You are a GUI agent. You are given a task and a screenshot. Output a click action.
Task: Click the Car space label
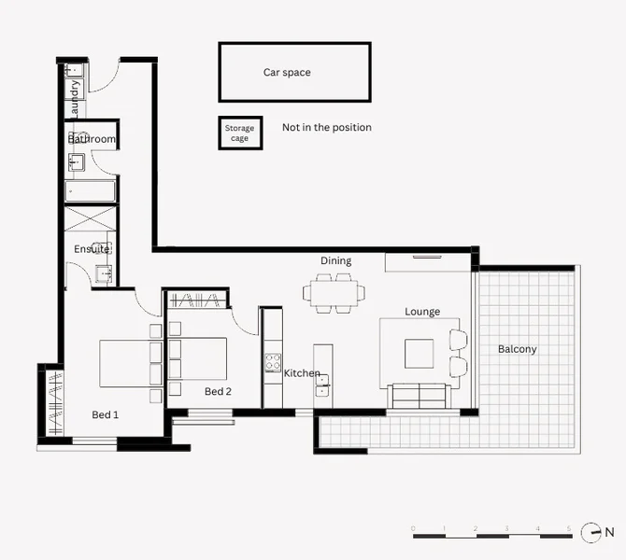pyautogui.click(x=287, y=72)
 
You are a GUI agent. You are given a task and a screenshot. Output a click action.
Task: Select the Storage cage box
pyautogui.click(x=239, y=133)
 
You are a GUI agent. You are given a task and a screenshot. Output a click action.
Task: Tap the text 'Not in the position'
pyautogui.click(x=326, y=127)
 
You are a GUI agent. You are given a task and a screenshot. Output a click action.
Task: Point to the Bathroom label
pyautogui.click(x=92, y=139)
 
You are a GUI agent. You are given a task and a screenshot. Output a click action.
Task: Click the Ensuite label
pyautogui.click(x=92, y=249)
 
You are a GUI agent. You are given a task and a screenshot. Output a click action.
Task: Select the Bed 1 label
pyautogui.click(x=105, y=414)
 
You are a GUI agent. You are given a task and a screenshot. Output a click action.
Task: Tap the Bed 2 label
pyautogui.click(x=218, y=391)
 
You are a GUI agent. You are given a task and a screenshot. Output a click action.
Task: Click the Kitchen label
pyautogui.click(x=302, y=373)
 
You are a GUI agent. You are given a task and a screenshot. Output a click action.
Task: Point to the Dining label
pyautogui.click(x=335, y=261)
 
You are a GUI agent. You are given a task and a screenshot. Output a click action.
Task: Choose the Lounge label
pyautogui.click(x=422, y=312)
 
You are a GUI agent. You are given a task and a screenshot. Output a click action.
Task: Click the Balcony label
pyautogui.click(x=517, y=349)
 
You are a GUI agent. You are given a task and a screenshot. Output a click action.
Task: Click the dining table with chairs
pyautogui.click(x=334, y=292)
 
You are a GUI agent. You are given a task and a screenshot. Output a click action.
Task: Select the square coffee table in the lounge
pyautogui.click(x=419, y=353)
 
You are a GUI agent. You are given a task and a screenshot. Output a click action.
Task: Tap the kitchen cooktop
pyautogui.click(x=273, y=362)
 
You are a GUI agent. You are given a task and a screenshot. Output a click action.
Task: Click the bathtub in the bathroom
pyautogui.click(x=90, y=191)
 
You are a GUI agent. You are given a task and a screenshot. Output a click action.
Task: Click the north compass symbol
pyautogui.click(x=590, y=533)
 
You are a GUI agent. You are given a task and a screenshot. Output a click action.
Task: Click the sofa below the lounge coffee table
pyautogui.click(x=419, y=397)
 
